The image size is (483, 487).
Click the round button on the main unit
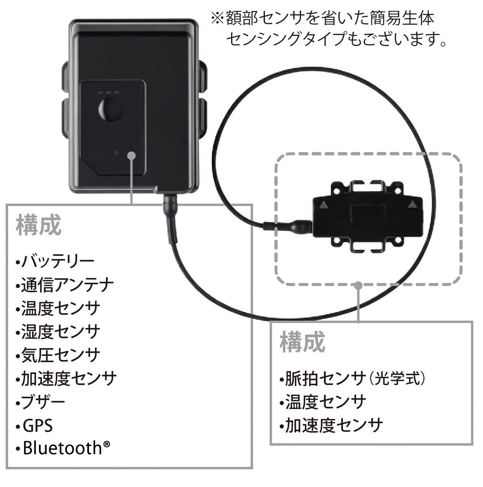tap(111, 109)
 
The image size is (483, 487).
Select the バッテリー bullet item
tap(55, 261)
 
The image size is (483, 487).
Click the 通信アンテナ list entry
tap(65, 285)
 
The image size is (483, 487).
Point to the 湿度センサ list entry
tap(58, 332)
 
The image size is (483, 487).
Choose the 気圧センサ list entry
tap(58, 355)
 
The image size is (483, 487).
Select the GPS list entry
tap(35, 425)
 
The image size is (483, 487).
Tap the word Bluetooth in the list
tap(63, 448)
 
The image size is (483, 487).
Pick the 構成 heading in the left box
tap(39, 225)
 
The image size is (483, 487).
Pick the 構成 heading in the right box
tap(302, 342)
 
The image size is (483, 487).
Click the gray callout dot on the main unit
tap(131, 155)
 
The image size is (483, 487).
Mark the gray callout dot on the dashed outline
tap(358, 285)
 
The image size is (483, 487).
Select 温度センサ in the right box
tap(323, 402)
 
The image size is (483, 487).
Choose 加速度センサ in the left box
tap(66, 378)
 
